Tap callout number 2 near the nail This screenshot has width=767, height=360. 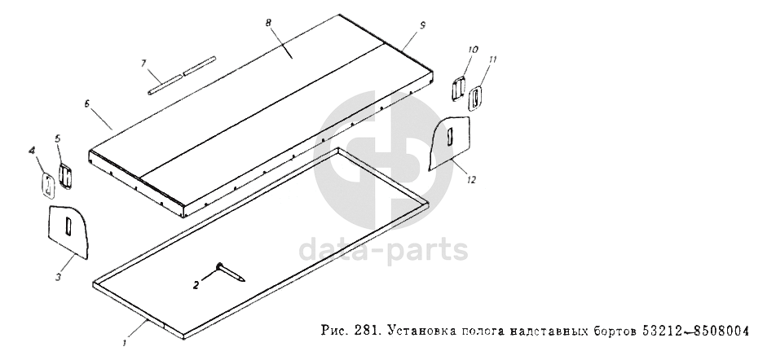196,285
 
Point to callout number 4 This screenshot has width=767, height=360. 33,151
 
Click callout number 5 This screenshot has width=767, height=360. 57,138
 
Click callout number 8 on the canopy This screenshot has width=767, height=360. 268,24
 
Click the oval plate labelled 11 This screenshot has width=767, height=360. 475,97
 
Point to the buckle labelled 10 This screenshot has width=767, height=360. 459,88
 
